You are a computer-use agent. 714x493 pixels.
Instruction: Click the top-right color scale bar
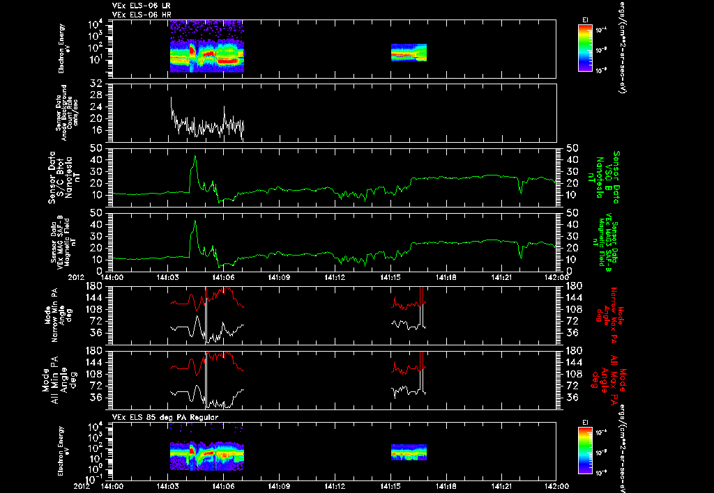(584, 48)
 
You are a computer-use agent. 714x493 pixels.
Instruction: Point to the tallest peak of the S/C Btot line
(195, 157)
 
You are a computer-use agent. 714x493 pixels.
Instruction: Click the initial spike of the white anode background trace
(171, 98)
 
